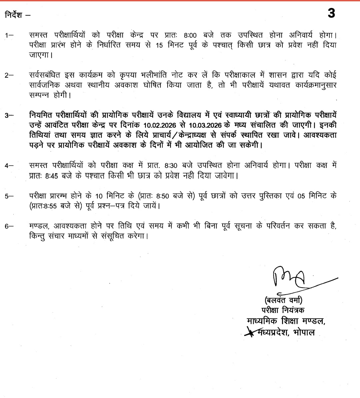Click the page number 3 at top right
(x=331, y=13)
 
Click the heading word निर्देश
(x=14, y=15)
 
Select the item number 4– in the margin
(x=9, y=166)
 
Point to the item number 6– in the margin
(x=9, y=226)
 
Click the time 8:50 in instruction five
(x=163, y=196)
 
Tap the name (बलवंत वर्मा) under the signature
(x=283, y=300)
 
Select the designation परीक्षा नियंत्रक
(x=283, y=310)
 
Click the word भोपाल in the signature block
(x=304, y=332)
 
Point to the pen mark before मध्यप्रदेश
(x=249, y=332)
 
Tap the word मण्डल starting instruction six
(x=39, y=226)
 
